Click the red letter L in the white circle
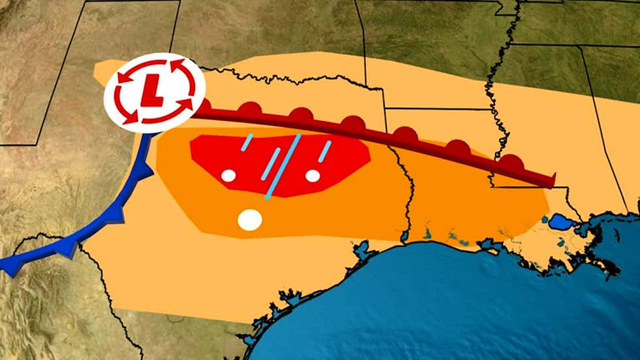pos(155,92)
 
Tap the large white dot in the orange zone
pos(249,220)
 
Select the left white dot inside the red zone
pos(228,175)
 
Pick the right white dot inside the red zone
pos(313,175)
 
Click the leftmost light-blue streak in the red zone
pos(246,142)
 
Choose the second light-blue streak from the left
pos(270,164)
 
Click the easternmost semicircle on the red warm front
pos(510,163)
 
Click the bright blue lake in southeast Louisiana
pos(561,223)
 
